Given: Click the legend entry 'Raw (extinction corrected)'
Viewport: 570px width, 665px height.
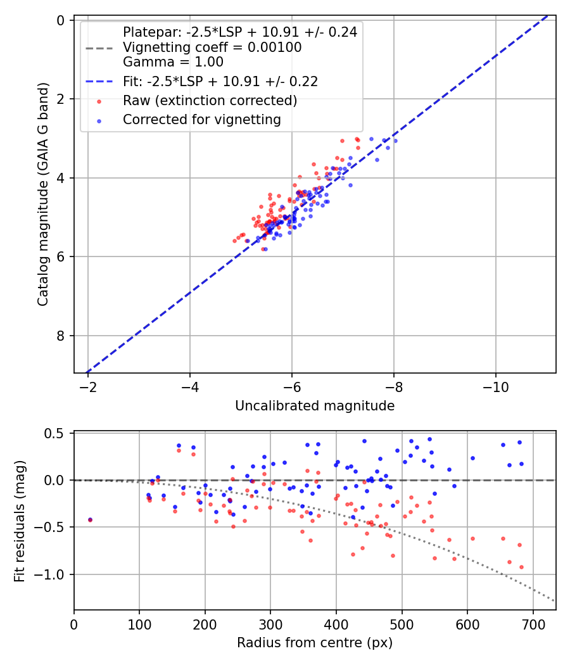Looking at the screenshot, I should (x=210, y=101).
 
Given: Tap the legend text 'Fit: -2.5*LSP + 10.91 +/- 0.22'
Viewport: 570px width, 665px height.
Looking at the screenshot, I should (x=220, y=81).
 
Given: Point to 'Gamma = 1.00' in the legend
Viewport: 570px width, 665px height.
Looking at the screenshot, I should (x=173, y=62).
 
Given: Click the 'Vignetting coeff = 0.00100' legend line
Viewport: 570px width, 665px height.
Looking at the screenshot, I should (x=212, y=47).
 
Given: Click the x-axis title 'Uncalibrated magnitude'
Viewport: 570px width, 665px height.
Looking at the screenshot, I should (x=315, y=406).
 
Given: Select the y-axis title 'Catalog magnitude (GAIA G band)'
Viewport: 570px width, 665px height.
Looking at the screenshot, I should (x=43, y=207).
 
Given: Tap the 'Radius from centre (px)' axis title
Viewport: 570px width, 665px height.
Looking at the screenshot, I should (x=315, y=643).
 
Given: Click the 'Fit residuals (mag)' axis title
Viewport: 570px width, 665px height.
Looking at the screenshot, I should (x=20, y=521).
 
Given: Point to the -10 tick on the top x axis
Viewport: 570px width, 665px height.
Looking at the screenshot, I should (x=496, y=386).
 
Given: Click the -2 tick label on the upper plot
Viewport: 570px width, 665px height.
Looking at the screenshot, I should (x=87, y=386).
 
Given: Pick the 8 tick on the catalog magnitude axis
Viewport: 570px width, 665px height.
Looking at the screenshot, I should (x=61, y=336).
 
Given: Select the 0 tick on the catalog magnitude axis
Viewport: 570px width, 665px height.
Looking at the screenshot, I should (x=61, y=20).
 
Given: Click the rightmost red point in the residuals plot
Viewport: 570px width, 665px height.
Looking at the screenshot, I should (x=521, y=567).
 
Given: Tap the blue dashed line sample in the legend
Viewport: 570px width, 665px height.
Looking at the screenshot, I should (x=98, y=81).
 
